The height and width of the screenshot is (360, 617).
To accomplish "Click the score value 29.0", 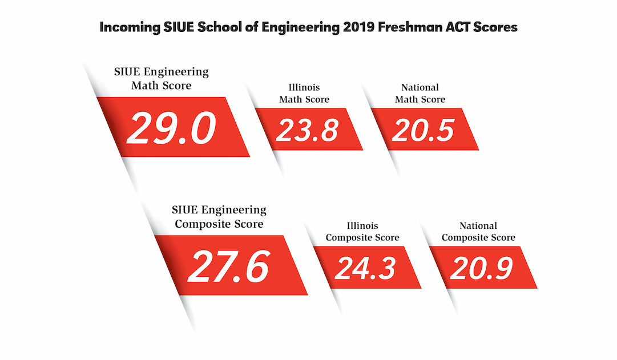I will (171, 128).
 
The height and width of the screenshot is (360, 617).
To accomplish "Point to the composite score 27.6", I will (228, 266).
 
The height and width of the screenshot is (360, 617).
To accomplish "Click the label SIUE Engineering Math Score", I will (162, 79).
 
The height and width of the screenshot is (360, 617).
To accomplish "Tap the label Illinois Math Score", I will (304, 94).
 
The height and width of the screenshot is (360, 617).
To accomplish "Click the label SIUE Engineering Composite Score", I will (219, 217).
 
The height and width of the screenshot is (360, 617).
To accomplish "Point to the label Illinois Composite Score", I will (362, 232).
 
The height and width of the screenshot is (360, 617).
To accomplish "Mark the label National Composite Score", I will (478, 232).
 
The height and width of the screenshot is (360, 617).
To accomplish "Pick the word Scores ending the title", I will (498, 27).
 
